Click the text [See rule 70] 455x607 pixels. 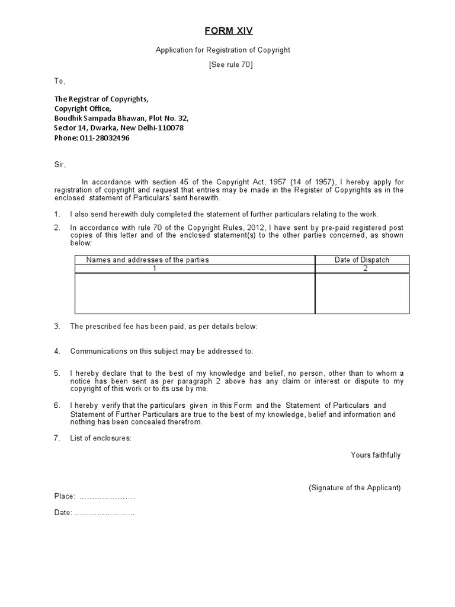tap(231, 65)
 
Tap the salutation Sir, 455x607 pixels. tap(60, 164)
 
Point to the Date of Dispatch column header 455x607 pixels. tap(362, 260)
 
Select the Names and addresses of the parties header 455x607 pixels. tap(148, 260)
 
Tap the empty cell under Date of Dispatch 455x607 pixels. tap(362, 293)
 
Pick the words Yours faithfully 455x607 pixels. tap(376, 455)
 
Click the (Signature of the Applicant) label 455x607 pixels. tap(354, 488)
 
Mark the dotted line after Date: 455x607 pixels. tap(104, 513)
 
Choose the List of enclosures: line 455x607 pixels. tap(101, 438)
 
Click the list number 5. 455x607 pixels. tap(57, 373)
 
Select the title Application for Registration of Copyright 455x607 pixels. tap(223, 50)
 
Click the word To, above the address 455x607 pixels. tap(60, 81)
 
